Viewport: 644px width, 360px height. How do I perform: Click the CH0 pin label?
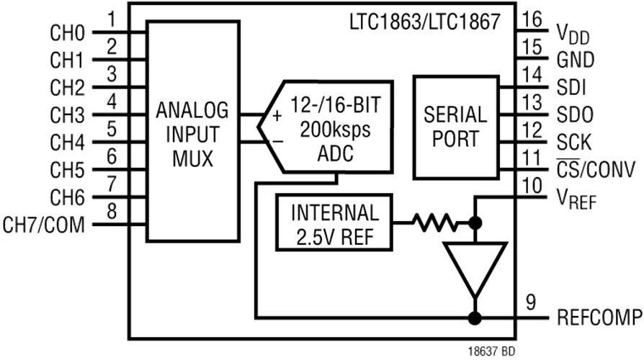[x=68, y=33]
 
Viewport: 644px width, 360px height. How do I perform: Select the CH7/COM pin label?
[x=43, y=225]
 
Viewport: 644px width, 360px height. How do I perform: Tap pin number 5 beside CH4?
[x=112, y=129]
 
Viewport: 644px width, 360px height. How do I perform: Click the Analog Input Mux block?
[x=193, y=131]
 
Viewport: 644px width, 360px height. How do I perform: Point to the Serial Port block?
[x=456, y=127]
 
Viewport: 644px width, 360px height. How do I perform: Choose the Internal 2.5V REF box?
[x=334, y=222]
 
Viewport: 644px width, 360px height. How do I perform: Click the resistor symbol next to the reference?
[x=435, y=223]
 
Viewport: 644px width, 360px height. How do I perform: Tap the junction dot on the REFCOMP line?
[x=475, y=318]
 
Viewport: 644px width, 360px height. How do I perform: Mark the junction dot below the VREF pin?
[x=475, y=223]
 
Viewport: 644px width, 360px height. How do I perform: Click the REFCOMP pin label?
[x=599, y=318]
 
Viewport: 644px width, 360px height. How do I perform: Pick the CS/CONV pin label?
[x=596, y=168]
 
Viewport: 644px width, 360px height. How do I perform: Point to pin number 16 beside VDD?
[x=532, y=19]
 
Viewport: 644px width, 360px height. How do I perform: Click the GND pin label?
[x=576, y=60]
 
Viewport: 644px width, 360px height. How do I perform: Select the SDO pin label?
[x=575, y=114]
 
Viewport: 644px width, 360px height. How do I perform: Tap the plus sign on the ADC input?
[x=277, y=116]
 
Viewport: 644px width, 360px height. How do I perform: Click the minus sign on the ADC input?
[x=278, y=142]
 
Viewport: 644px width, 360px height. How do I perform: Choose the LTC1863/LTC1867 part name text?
[x=425, y=22]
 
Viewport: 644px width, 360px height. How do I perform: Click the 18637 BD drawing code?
[x=491, y=351]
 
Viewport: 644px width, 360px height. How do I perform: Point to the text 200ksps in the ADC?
[x=335, y=130]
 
